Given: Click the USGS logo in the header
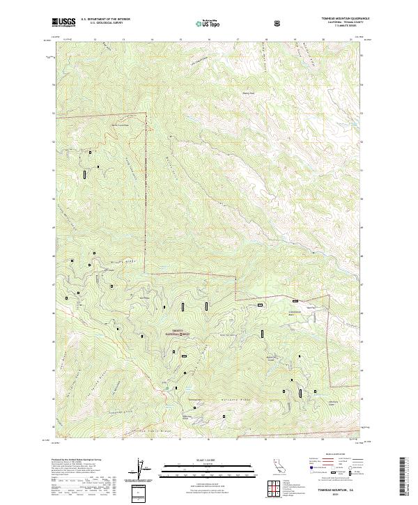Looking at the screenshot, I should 64,22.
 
